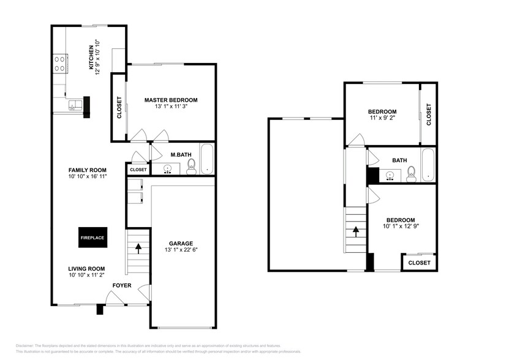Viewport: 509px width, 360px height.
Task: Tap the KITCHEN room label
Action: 91,58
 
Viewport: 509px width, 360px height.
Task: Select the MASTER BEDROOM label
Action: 171,100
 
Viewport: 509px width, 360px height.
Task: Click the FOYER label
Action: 121,285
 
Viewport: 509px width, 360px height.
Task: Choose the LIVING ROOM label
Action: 86,268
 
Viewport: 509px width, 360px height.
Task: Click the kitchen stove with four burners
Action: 60,64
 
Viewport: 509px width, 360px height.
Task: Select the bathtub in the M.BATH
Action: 207,159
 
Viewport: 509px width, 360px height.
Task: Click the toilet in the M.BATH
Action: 190,166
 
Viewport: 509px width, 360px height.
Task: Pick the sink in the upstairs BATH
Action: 390,176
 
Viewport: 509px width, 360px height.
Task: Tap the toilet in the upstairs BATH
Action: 411,173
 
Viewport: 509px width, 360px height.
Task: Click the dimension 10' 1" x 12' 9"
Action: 401,227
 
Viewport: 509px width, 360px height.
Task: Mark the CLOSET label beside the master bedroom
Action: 119,108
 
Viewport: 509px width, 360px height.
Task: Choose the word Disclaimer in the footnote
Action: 25,346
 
